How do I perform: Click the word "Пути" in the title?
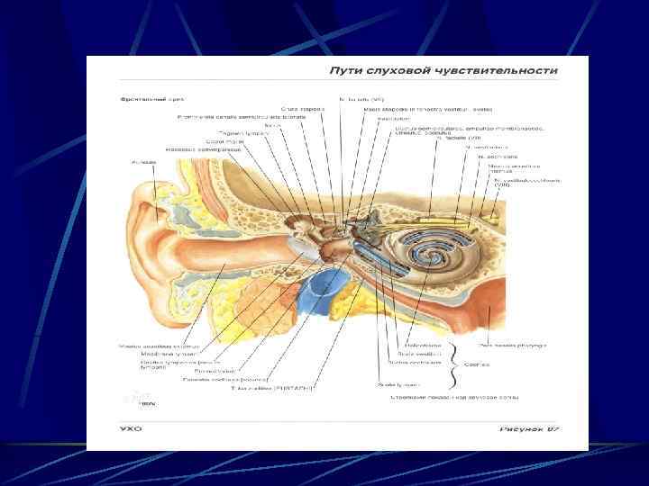coord(346,70)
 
